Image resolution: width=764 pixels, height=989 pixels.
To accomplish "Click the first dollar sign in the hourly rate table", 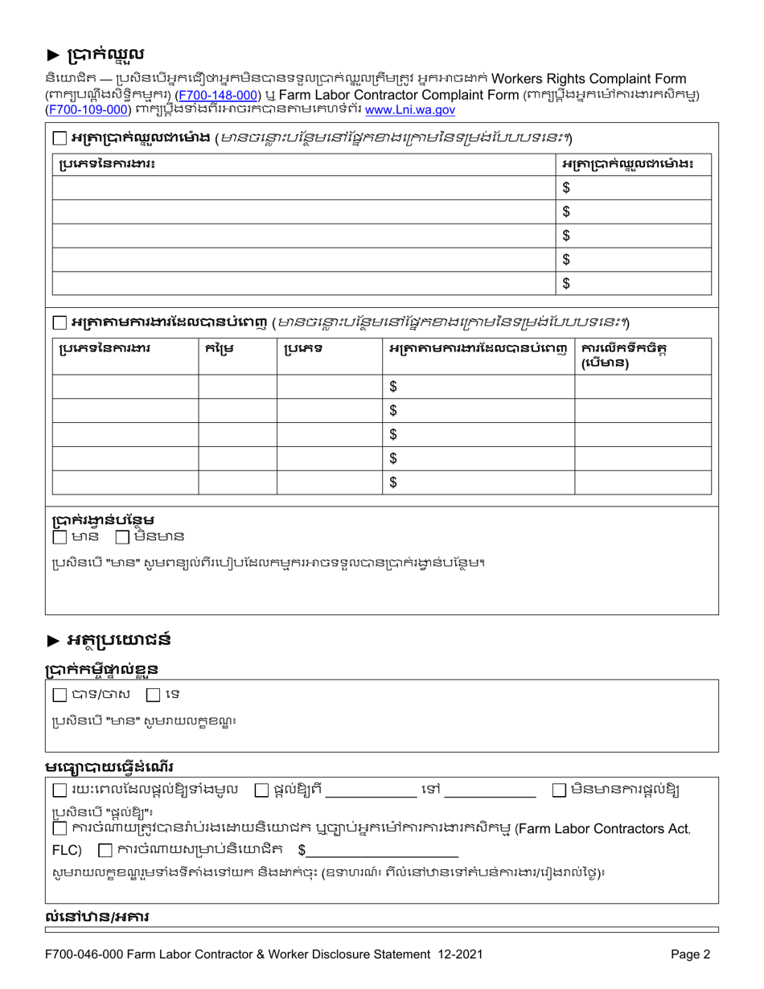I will coord(566,188).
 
